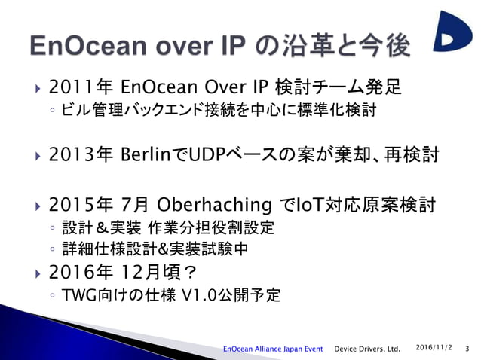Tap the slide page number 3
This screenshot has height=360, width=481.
467,348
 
